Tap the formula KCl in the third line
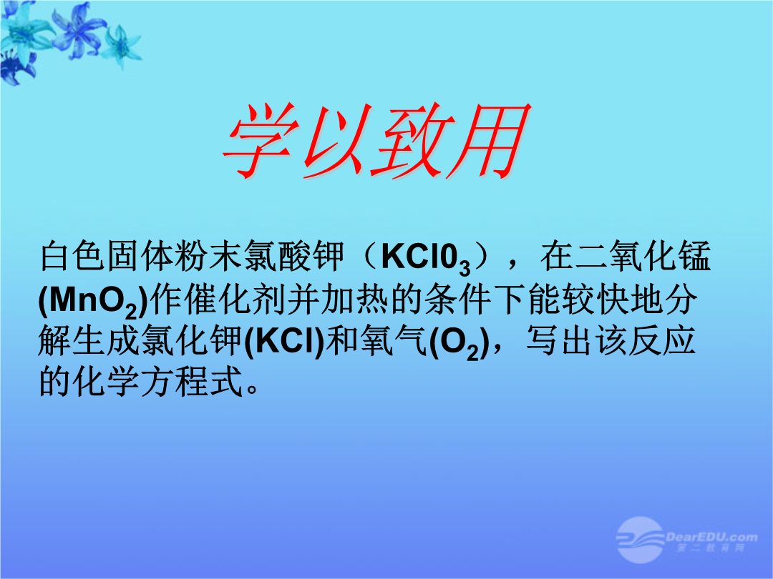click(284, 341)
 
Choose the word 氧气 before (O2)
click(394, 341)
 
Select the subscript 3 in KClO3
click(465, 268)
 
